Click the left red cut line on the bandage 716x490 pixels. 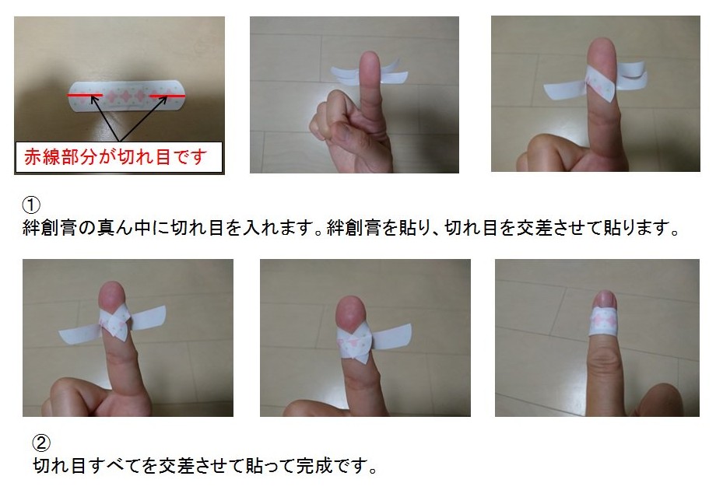tap(85, 96)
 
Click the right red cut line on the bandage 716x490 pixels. tap(167, 96)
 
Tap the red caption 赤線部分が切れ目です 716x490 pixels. tap(116, 157)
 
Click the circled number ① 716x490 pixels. tap(31, 205)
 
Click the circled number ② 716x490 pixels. tap(41, 443)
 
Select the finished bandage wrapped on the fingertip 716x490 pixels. tap(604, 321)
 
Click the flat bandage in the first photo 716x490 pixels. tap(128, 96)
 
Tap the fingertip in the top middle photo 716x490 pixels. tap(370, 61)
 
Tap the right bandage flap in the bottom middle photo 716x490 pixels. tap(391, 338)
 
